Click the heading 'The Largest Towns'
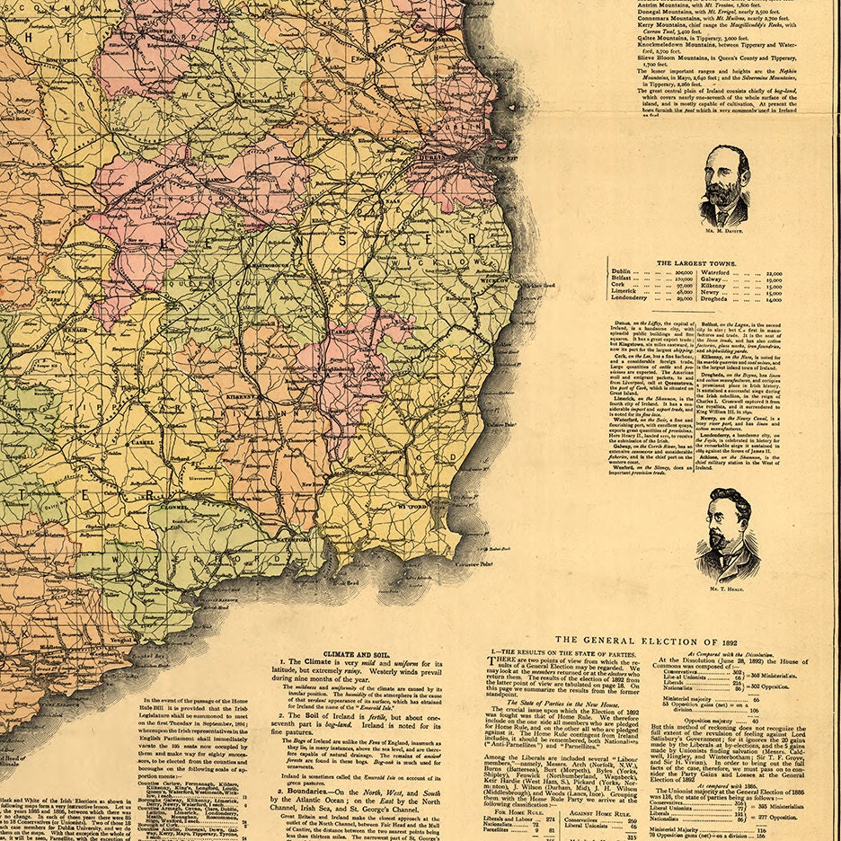(x=696, y=264)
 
